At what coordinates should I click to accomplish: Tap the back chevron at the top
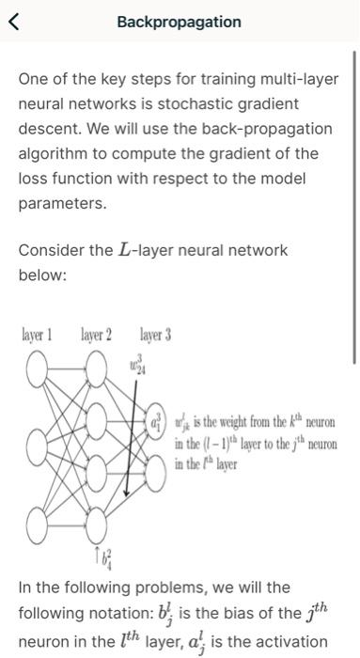coord(13,22)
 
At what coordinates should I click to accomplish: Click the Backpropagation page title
coord(179,22)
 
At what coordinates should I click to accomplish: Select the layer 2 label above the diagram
coord(96,334)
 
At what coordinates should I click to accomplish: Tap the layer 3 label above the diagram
coord(154,334)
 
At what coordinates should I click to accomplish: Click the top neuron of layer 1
coord(40,373)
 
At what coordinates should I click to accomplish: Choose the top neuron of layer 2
coord(97,373)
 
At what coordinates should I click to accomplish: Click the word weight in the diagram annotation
coord(226,421)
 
